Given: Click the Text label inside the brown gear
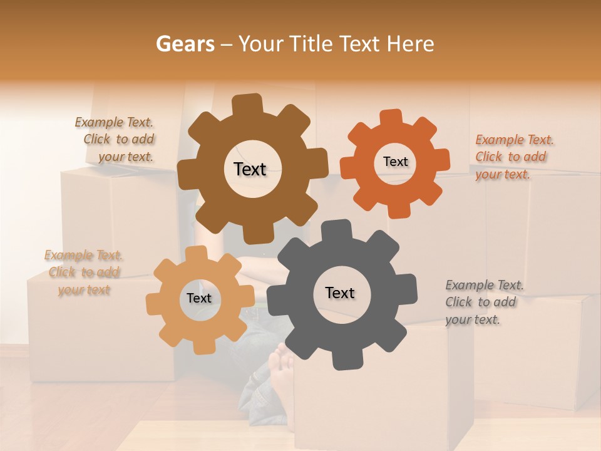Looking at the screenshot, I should click(250, 169).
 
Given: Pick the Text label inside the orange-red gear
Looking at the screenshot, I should click(395, 162).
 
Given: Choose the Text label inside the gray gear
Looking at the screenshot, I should click(340, 293).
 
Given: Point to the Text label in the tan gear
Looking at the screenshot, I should click(199, 298).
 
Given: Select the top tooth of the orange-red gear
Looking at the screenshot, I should click(391, 117).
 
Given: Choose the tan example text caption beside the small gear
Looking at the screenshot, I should click(84, 272).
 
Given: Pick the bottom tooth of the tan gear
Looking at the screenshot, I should click(203, 346).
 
